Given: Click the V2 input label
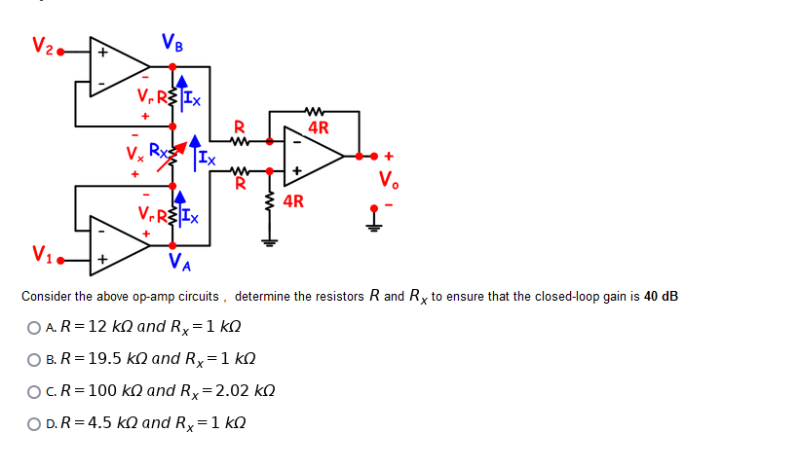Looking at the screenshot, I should (42, 45).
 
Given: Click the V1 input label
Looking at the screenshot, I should (42, 255).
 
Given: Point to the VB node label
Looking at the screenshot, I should (172, 43).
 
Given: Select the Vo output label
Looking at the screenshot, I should (389, 180).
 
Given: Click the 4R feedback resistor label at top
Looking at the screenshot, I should (318, 126).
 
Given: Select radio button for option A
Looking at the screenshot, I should (34, 327).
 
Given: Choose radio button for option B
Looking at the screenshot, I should (34, 359).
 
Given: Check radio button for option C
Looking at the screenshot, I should (34, 391).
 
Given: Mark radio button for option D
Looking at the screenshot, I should (34, 423).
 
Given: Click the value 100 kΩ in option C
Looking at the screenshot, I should (111, 390).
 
